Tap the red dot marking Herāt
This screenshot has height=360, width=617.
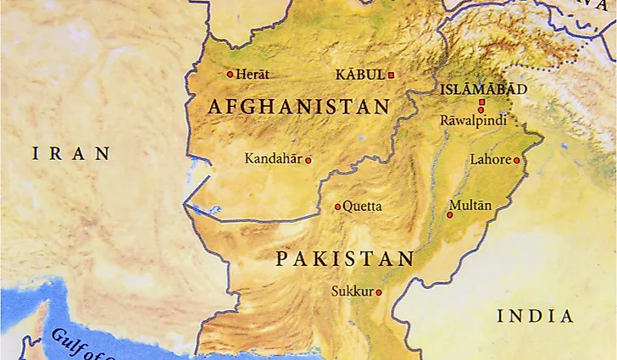click(229, 75)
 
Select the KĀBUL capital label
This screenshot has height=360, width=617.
click(360, 75)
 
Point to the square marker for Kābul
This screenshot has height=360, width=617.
click(391, 75)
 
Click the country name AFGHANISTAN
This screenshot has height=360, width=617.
click(298, 108)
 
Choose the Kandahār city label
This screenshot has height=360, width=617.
click(273, 158)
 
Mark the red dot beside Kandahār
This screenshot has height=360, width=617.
click(308, 159)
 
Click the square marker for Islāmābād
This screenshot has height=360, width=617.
click(481, 102)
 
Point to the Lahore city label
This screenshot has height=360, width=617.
click(491, 159)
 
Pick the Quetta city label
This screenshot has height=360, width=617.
click(363, 206)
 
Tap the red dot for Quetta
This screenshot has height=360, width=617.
click(337, 206)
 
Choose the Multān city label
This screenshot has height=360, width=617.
click(470, 204)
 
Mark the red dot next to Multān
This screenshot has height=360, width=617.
click(449, 214)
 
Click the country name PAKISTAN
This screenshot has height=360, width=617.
click(345, 259)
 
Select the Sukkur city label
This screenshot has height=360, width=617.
click(352, 291)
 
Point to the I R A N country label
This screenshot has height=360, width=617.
click(71, 153)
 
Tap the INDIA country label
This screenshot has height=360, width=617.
click(535, 316)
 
